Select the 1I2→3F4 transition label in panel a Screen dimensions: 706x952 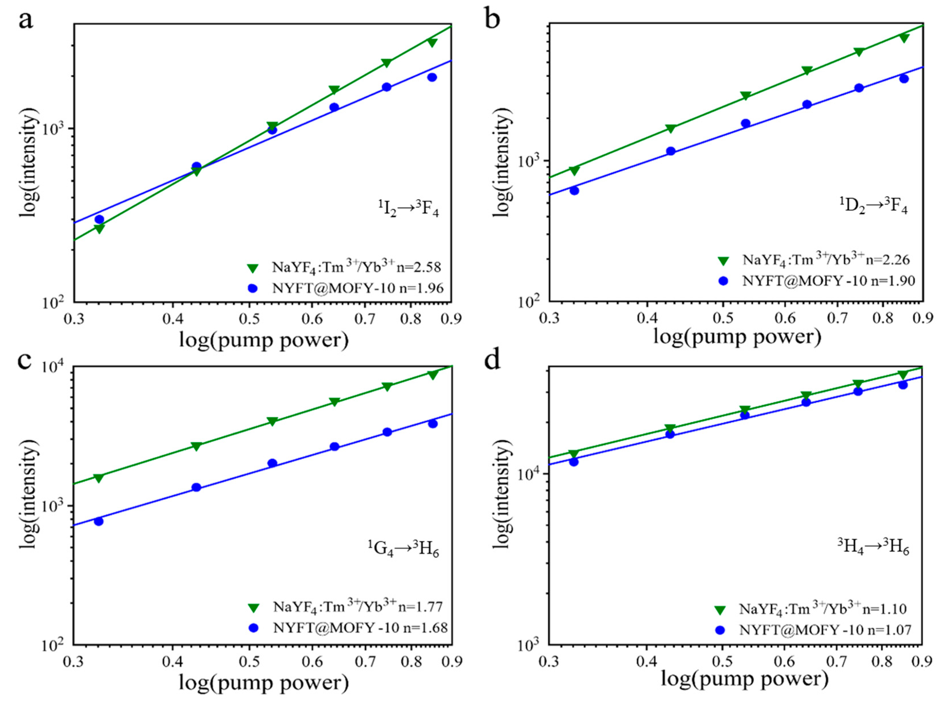click(408, 209)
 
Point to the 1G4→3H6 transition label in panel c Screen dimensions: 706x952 click(403, 549)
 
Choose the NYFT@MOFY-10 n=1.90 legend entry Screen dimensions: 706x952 click(828, 281)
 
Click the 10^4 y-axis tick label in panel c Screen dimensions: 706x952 click(53, 368)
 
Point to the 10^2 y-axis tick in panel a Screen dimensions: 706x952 click(53, 303)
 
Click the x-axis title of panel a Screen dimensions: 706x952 click(263, 341)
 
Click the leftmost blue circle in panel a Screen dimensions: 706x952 click(99, 219)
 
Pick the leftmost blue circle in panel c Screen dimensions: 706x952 click(99, 521)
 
